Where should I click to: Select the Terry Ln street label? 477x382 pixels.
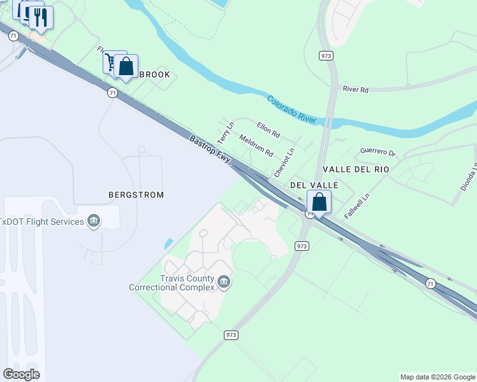pyautogui.click(x=226, y=132)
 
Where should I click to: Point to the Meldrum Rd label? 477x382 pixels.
pyautogui.click(x=256, y=145)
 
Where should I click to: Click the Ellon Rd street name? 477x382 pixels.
pyautogui.click(x=268, y=130)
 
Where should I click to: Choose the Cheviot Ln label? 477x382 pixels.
pyautogui.click(x=284, y=163)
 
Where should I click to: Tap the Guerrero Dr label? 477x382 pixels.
pyautogui.click(x=378, y=152)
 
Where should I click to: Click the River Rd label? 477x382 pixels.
pyautogui.click(x=355, y=90)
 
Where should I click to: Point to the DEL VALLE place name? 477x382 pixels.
pyautogui.click(x=314, y=185)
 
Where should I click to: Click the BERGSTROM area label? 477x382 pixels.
pyautogui.click(x=136, y=194)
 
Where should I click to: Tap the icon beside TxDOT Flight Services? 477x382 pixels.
pyautogui.click(x=94, y=221)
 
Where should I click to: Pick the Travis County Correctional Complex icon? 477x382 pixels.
pyautogui.click(x=224, y=281)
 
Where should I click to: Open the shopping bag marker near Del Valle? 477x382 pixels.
pyautogui.click(x=319, y=202)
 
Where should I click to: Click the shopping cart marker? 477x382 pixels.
pyautogui.click(x=113, y=62)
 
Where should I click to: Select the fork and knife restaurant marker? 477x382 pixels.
pyautogui.click(x=41, y=18)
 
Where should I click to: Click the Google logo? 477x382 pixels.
pyautogui.click(x=21, y=374)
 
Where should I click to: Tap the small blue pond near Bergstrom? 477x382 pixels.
pyautogui.click(x=168, y=244)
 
